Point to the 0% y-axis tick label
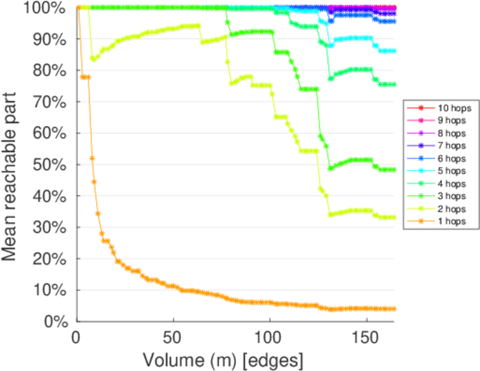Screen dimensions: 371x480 tap(55, 322)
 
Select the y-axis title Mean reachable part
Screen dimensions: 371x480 tap(12, 164)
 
